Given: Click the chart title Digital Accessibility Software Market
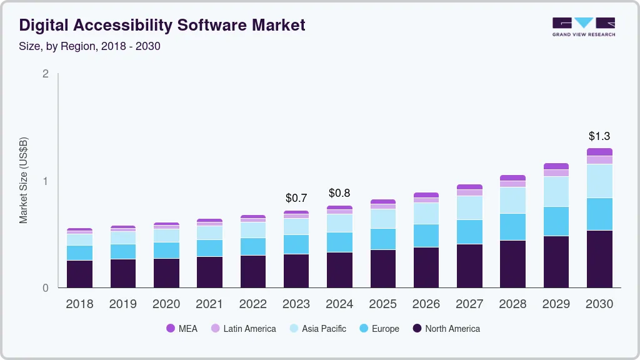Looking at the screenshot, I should coord(162,25).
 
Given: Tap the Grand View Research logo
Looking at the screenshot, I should coord(583,27).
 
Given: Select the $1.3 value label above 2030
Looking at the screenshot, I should coord(599,136).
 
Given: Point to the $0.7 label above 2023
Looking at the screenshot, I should coord(296,198).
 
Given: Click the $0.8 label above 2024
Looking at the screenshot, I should coord(339,193).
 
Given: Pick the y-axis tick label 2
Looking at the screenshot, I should coord(45,74).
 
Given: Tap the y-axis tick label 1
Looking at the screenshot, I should coord(45,181).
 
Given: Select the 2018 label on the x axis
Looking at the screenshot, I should coord(79,304).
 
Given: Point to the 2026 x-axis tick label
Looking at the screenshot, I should coord(426,304).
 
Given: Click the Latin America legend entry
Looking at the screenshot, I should coord(243,328).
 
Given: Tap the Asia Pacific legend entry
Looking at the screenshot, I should coord(317,328).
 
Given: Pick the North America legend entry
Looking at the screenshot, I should coord(446,328).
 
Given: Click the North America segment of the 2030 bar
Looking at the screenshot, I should coord(599,259).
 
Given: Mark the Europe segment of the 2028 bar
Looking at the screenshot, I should coord(513,227).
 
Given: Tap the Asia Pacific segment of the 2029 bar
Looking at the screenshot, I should coord(556,191).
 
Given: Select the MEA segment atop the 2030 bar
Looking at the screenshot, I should coord(599,152).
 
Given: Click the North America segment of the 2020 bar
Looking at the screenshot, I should coord(166,273).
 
